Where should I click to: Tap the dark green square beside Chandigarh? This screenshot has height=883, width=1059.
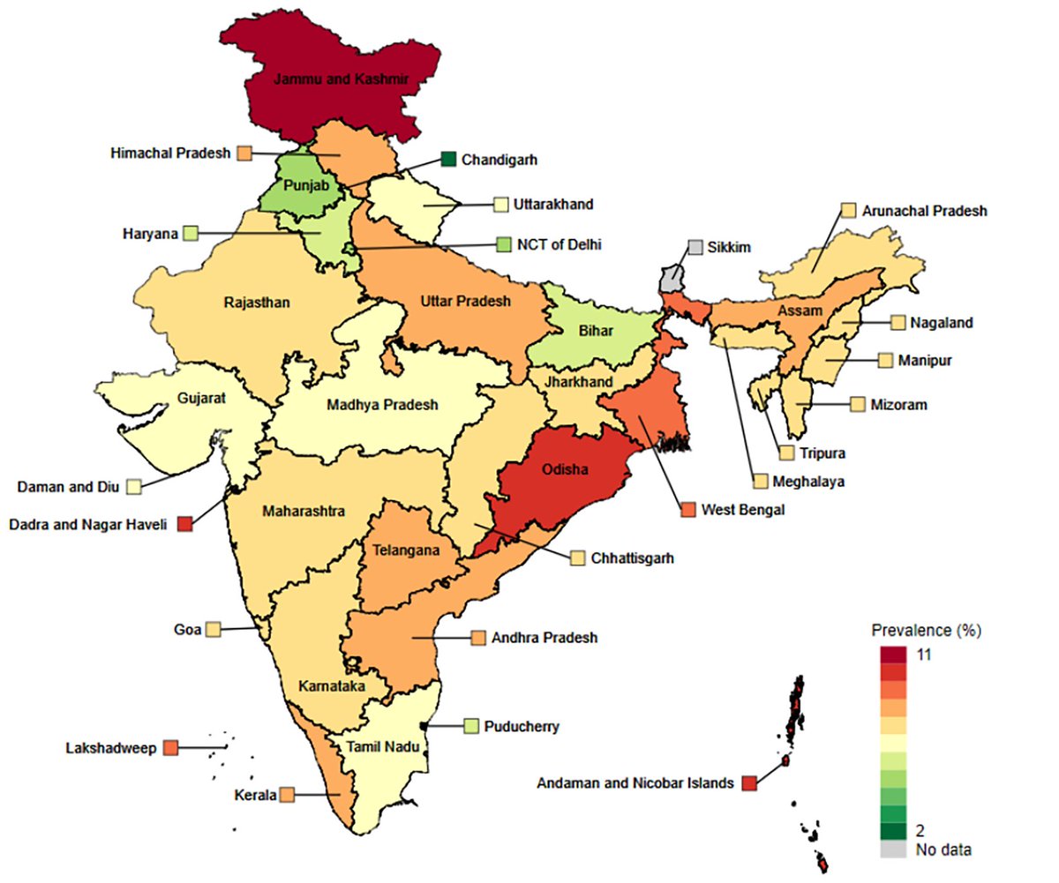tap(448, 160)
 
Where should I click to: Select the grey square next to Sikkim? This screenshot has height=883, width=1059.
tap(696, 247)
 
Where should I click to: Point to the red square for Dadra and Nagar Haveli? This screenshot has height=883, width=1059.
tap(184, 524)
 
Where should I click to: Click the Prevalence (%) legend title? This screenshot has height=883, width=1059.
tap(926, 631)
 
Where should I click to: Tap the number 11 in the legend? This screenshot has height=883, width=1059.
tap(925, 655)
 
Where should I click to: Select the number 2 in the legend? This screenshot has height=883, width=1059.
tap(920, 831)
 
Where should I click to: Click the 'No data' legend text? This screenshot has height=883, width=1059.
tap(943, 850)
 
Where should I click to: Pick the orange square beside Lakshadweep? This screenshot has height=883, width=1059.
tap(170, 748)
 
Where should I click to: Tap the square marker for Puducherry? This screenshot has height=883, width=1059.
tap(471, 726)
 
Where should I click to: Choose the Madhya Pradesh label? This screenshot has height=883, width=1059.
tap(381, 405)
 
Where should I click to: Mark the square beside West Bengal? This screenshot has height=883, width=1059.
tap(687, 509)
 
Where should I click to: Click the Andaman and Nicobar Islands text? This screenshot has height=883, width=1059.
tap(635, 782)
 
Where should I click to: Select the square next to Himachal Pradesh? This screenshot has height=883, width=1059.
tap(244, 153)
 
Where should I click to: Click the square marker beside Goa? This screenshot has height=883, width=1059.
tap(213, 630)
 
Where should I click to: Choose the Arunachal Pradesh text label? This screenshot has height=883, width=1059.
tap(924, 211)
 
